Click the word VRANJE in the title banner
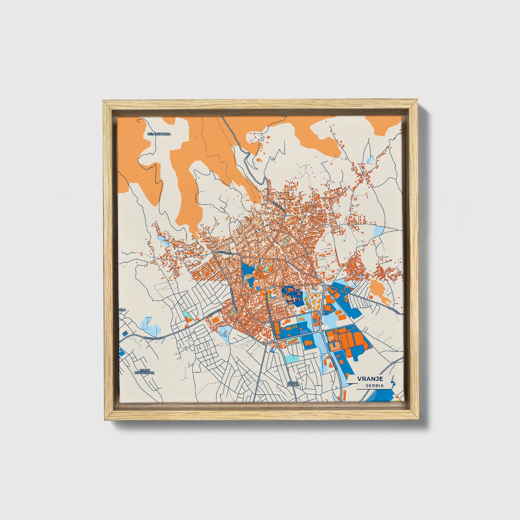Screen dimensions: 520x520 (370, 379)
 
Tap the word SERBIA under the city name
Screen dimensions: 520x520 (374, 385)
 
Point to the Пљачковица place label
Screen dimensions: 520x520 (159, 134)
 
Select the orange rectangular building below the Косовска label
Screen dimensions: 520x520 (214, 320)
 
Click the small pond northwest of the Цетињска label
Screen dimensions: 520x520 (164, 241)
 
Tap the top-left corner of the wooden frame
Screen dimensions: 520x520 (104, 102)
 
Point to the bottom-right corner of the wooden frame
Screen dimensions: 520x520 (417, 419)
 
